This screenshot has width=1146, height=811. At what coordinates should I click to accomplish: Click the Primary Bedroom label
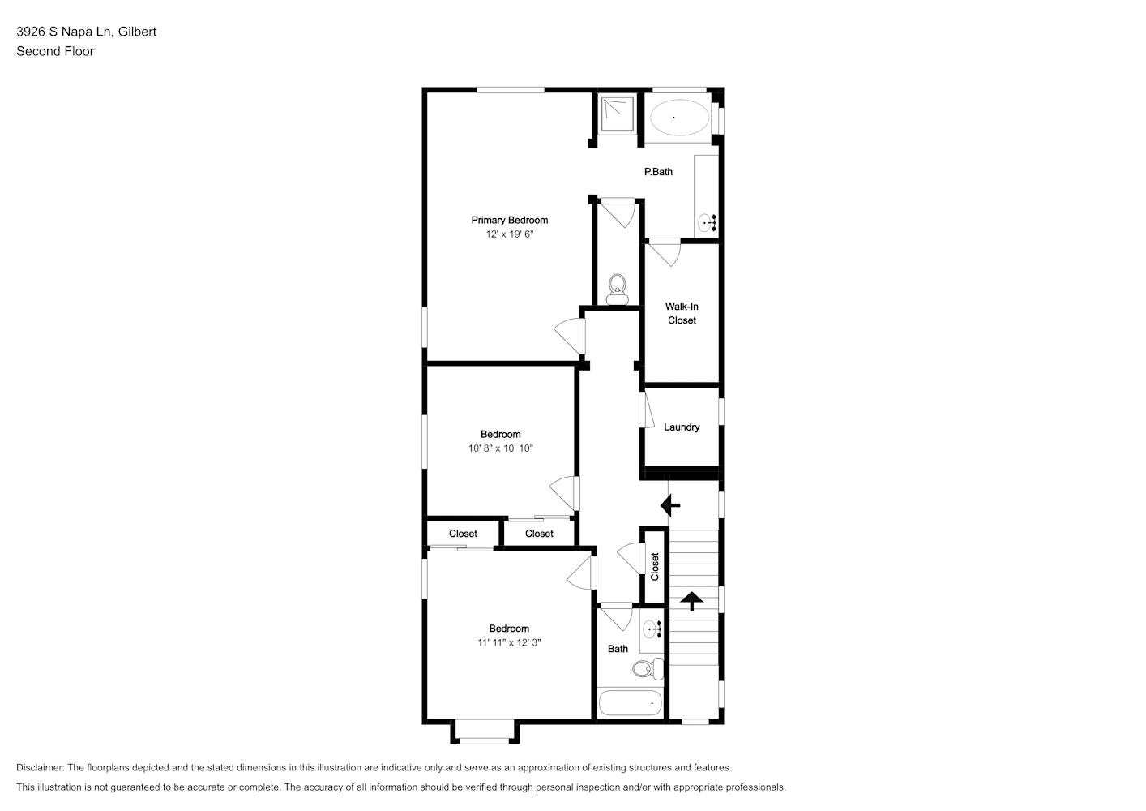click(510, 220)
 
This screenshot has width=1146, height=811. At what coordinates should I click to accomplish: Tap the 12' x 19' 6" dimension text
click(510, 234)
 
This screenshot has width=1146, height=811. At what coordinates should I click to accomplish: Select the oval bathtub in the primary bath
click(679, 118)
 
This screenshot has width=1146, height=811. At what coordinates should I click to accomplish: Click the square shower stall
click(618, 115)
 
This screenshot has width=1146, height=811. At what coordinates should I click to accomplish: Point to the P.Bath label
click(658, 172)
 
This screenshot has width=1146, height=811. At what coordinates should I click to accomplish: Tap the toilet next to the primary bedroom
click(618, 289)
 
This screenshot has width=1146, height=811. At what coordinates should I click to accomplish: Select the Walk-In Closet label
click(682, 313)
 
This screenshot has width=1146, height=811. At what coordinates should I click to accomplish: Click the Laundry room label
click(682, 427)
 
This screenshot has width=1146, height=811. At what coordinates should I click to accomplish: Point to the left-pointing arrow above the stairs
click(670, 506)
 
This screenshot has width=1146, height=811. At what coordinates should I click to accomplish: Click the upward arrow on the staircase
click(691, 601)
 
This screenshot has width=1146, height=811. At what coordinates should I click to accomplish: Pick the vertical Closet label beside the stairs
click(655, 567)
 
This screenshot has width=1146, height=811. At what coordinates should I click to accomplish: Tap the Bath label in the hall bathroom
click(618, 650)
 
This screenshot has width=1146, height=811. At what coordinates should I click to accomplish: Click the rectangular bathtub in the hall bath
click(631, 703)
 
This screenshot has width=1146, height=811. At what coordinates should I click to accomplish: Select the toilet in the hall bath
click(648, 668)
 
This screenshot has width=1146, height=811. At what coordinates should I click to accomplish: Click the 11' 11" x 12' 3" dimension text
click(510, 642)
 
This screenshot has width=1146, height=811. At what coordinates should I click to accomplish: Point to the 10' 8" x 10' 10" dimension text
click(501, 448)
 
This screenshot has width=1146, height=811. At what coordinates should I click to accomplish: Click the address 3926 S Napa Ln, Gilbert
click(87, 32)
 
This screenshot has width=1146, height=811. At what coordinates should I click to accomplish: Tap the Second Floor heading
click(55, 51)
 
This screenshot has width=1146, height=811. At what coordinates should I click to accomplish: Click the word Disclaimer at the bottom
click(41, 767)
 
